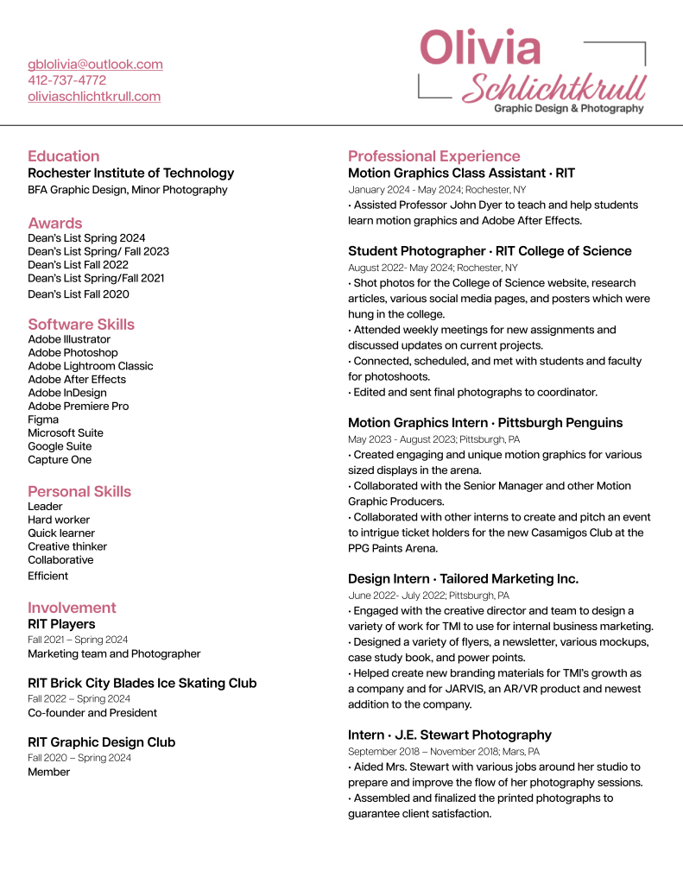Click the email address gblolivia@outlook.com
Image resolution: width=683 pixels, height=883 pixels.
point(95,65)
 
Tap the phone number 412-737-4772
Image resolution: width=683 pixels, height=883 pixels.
point(66,80)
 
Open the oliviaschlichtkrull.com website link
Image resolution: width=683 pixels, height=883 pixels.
point(94,97)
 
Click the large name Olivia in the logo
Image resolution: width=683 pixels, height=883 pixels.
point(480,47)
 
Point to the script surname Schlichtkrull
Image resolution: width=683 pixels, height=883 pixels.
point(554,87)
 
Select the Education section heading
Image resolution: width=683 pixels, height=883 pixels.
point(63,156)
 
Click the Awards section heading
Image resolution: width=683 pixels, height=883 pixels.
point(55,223)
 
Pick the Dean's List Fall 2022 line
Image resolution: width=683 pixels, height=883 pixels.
point(78,265)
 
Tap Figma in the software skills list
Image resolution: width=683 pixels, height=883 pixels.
point(43,419)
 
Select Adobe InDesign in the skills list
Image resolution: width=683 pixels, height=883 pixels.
point(67,393)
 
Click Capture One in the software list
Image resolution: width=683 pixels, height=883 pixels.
point(60,460)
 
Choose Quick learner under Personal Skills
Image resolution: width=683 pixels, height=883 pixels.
point(61,533)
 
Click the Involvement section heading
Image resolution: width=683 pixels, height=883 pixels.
point(72,608)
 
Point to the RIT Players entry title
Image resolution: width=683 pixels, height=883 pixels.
point(61,624)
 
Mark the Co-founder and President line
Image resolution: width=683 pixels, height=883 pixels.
point(92,713)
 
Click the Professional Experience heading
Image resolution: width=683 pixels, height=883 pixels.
point(433,156)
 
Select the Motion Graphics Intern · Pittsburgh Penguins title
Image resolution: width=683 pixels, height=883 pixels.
point(484,423)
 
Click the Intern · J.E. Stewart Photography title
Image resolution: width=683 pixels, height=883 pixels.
point(449,735)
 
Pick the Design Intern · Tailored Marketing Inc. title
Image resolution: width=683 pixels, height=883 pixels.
point(463,579)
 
